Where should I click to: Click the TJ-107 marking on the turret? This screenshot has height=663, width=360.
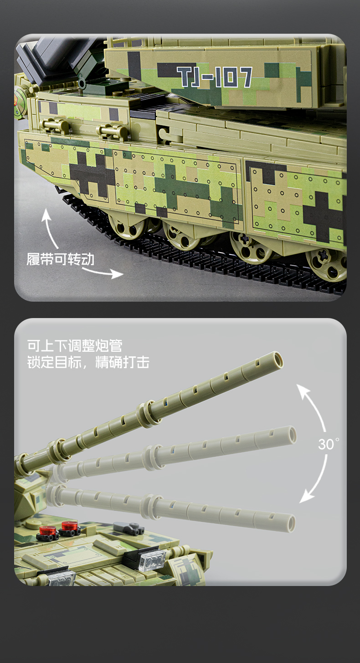click(215, 77)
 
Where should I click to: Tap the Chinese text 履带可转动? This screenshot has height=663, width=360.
click(60, 259)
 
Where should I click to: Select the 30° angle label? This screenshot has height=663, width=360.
click(328, 444)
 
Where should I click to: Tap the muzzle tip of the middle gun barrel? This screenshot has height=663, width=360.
click(290, 434)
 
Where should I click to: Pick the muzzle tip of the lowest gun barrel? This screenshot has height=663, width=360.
click(289, 522)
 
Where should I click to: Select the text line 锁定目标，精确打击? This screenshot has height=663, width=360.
click(88, 363)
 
